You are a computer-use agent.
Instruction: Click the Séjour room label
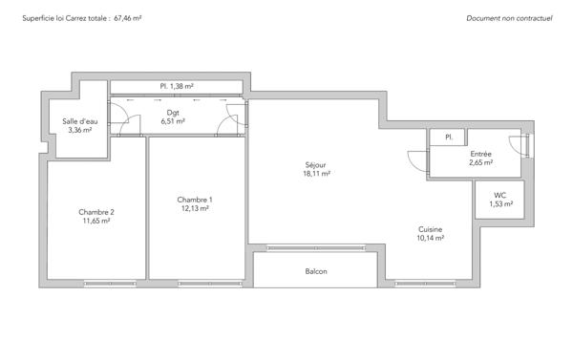coord(317,163)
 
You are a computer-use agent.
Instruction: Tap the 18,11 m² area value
coord(317,174)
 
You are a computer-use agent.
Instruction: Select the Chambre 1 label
coord(195,200)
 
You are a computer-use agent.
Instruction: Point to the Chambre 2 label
coord(96,211)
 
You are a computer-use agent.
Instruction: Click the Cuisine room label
coord(430,229)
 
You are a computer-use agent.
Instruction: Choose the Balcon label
coord(316,272)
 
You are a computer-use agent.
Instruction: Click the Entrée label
coord(480,153)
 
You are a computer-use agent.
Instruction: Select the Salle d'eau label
coord(79,121)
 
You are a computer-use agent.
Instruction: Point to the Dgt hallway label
coord(173,111)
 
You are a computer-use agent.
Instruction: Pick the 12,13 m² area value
coord(195,210)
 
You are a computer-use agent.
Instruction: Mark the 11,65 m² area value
coord(96,222)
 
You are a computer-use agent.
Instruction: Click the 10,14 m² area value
coord(430,240)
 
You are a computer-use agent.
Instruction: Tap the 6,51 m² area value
coord(173,121)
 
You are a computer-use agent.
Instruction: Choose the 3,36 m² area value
coord(79,132)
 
